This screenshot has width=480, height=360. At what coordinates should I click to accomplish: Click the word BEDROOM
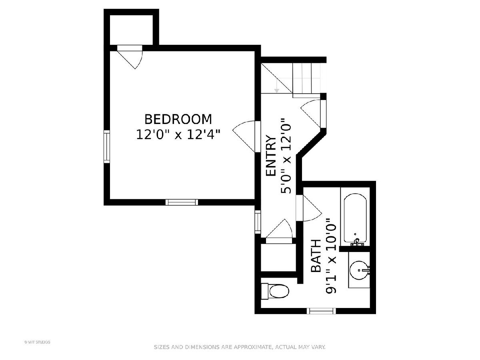(178, 119)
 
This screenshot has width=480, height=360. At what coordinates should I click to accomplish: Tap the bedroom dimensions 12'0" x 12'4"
(178, 134)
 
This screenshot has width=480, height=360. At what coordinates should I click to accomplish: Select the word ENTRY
(271, 156)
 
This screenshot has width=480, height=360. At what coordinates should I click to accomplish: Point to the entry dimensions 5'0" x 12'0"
(286, 156)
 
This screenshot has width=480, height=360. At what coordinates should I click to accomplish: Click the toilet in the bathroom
(275, 291)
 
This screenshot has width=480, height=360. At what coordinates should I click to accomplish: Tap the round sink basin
(359, 270)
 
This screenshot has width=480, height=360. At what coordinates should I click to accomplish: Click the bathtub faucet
(357, 242)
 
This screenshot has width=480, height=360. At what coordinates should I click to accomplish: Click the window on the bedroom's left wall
(106, 146)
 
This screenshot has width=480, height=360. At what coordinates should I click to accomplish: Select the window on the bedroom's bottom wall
(182, 202)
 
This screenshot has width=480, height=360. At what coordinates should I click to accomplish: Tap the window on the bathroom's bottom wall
(321, 311)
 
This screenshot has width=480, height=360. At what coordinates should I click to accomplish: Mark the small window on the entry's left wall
(258, 222)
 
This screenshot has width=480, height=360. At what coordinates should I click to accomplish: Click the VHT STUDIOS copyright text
(37, 342)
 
